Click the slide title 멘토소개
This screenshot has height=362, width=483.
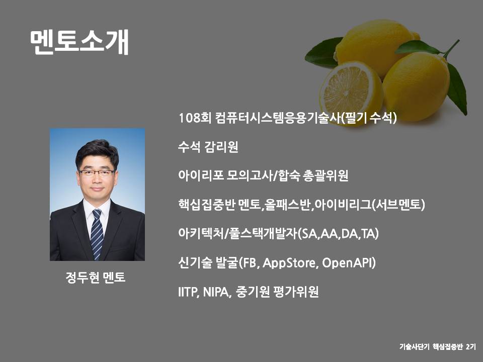(x=79, y=42)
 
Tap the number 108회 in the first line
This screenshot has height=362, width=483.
(x=195, y=118)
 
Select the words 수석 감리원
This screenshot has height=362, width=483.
(x=208, y=147)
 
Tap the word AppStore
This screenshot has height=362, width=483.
(x=290, y=263)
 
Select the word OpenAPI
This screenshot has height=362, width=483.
(x=349, y=263)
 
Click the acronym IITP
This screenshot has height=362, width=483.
(x=188, y=292)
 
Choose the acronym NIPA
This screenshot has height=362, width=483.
(x=217, y=292)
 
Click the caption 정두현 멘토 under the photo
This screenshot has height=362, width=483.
(x=96, y=278)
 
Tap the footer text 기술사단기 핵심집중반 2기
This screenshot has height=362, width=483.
(x=438, y=346)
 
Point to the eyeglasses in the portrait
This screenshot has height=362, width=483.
(x=97, y=173)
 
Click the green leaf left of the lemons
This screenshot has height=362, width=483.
(x=324, y=53)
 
